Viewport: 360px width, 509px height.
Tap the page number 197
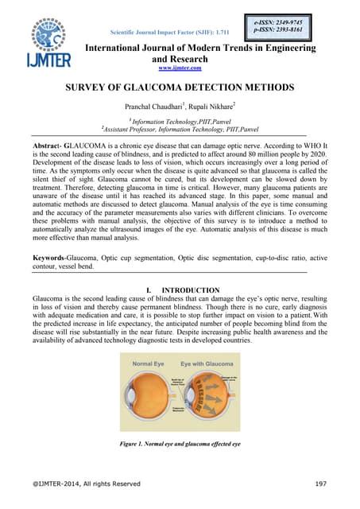coord(322,484)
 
